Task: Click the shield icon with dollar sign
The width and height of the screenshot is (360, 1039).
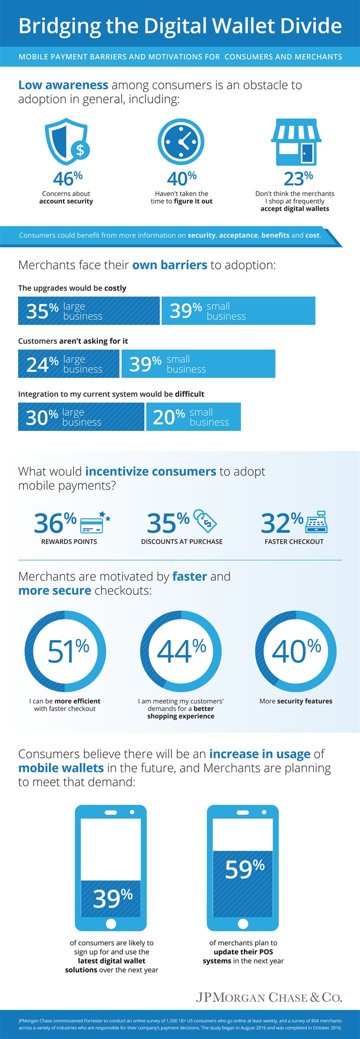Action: pyautogui.click(x=67, y=141)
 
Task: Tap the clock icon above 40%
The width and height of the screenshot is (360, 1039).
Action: pyautogui.click(x=181, y=141)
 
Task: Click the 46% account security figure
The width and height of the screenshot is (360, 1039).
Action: pyautogui.click(x=67, y=178)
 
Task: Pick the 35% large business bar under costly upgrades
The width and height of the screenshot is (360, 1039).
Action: pyautogui.click(x=89, y=311)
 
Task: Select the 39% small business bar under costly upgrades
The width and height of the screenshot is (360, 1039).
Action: pyautogui.click(x=238, y=311)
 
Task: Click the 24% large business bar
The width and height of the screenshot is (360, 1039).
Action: pyautogui.click(x=69, y=364)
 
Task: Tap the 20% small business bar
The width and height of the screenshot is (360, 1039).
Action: pyautogui.click(x=193, y=417)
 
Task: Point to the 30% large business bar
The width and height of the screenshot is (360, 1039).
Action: pyautogui.click(x=81, y=417)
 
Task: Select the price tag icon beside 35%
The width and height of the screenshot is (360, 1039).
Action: pyautogui.click(x=205, y=521)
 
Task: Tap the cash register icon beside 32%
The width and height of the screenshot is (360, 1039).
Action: pyautogui.click(x=316, y=522)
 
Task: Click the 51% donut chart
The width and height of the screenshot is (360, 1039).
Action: pyautogui.click(x=65, y=651)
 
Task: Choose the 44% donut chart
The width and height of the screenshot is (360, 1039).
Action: pyautogui.click(x=180, y=651)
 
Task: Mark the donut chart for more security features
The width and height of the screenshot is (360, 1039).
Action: pyautogui.click(x=295, y=651)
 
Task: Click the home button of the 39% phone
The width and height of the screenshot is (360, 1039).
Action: pyautogui.click(x=111, y=923)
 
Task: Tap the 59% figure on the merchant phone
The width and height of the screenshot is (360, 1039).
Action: pyautogui.click(x=244, y=869)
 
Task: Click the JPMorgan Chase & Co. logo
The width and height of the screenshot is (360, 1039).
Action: pyautogui.click(x=269, y=997)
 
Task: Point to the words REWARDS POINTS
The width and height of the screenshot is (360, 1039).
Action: pyautogui.click(x=69, y=541)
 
